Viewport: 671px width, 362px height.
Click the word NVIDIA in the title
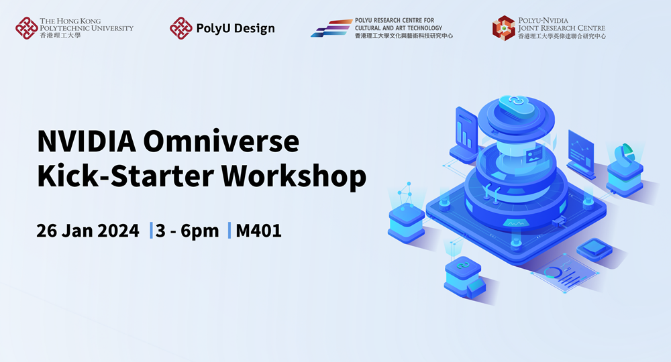[87, 141]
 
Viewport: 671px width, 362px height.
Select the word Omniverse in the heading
[221, 141]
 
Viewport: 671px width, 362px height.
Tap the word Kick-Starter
[125, 176]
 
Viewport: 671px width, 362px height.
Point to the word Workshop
[294, 176]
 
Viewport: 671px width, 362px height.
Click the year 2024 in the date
[119, 231]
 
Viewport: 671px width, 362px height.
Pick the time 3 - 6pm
[187, 231]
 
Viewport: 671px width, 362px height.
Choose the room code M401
[258, 231]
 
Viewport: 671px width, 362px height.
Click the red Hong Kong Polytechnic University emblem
[27, 28]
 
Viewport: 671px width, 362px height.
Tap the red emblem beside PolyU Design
[180, 28]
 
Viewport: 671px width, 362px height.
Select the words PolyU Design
[236, 29]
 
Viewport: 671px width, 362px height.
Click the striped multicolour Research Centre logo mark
[331, 28]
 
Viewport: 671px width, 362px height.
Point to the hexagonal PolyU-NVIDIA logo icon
[504, 28]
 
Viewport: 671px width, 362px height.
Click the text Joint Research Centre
[562, 28]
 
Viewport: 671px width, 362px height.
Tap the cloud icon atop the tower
[517, 105]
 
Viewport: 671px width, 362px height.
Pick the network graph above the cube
[406, 194]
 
